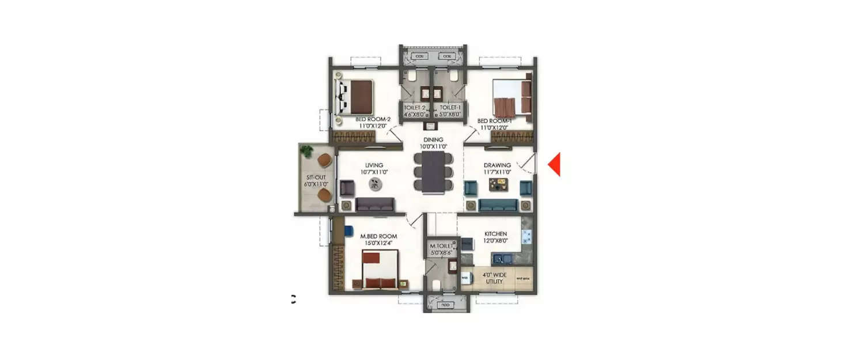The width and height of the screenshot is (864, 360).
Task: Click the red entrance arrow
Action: [554, 165]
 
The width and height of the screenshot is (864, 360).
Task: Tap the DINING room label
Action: [433, 139]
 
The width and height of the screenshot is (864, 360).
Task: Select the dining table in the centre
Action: [433, 172]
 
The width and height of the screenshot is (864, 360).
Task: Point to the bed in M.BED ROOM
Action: [380, 268]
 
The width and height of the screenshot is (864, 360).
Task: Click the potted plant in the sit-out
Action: [306, 151]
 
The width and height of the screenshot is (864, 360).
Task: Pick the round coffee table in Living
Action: [375, 184]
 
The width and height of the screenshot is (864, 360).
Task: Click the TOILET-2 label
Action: [415, 108]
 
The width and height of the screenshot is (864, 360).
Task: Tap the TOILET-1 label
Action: [450, 108]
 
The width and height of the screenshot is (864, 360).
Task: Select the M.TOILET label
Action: [442, 245]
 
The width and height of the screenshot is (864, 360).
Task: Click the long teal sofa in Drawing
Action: [498, 205]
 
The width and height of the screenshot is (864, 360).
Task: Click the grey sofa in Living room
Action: [375, 204]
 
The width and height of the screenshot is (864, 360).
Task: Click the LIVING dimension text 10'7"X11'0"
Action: [373, 172]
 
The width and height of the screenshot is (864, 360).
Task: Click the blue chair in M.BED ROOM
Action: [348, 230]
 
